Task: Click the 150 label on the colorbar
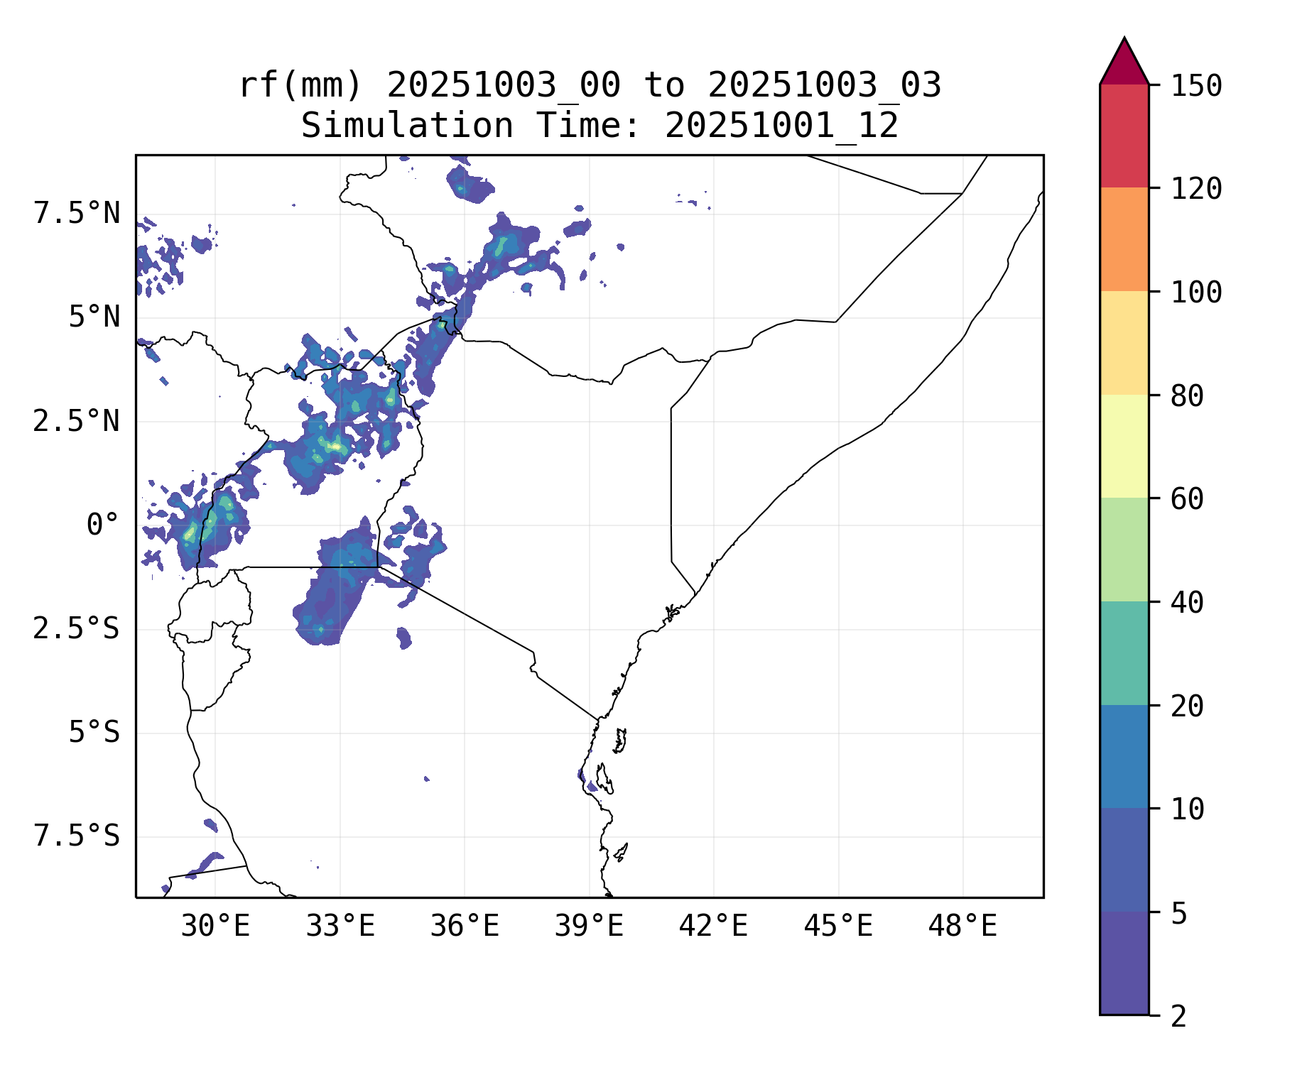pyautogui.click(x=1196, y=86)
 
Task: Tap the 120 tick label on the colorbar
pyautogui.click(x=1196, y=189)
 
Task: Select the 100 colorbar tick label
pyautogui.click(x=1196, y=292)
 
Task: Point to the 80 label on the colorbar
pyautogui.click(x=1187, y=395)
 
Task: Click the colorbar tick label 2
pyautogui.click(x=1178, y=1016)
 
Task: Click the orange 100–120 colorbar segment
pyautogui.click(x=1124, y=239)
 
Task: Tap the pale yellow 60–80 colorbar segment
pyautogui.click(x=1124, y=446)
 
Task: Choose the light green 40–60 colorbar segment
pyautogui.click(x=1124, y=550)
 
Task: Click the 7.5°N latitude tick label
pyautogui.click(x=77, y=213)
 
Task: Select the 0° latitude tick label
pyautogui.click(x=103, y=525)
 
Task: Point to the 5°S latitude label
pyautogui.click(x=94, y=732)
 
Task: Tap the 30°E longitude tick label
pyautogui.click(x=215, y=926)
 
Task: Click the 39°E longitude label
pyautogui.click(x=589, y=926)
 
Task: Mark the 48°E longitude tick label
pyautogui.click(x=962, y=926)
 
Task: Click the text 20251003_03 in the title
pyautogui.click(x=824, y=86)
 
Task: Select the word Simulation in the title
pyautogui.click(x=407, y=126)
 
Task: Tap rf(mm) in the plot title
pyautogui.click(x=300, y=86)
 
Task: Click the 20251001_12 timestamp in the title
pyautogui.click(x=781, y=126)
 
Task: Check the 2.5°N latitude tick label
pyautogui.click(x=77, y=421)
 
